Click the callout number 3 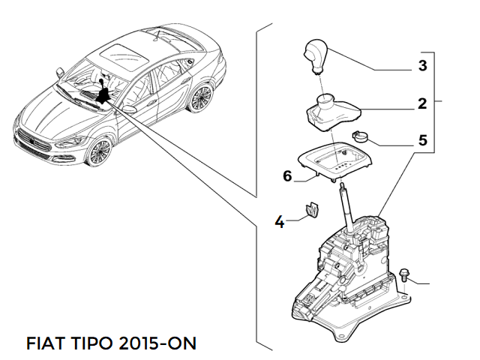click(422, 66)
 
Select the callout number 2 click(422, 103)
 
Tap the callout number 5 click(422, 139)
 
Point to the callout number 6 click(286, 177)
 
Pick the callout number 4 click(280, 221)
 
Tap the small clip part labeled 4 click(310, 211)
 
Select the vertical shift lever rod click(347, 210)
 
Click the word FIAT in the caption click(46, 343)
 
